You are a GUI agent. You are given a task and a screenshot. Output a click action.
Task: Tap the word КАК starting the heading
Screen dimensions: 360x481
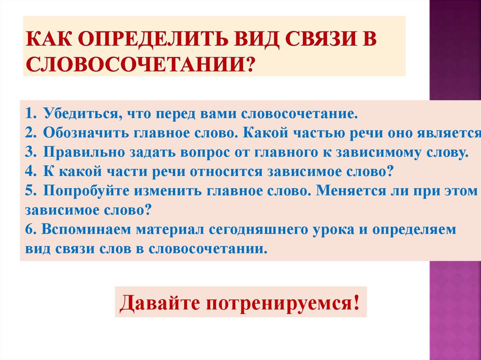point(50,40)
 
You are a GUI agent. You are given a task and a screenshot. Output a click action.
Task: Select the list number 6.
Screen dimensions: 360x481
point(30,230)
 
